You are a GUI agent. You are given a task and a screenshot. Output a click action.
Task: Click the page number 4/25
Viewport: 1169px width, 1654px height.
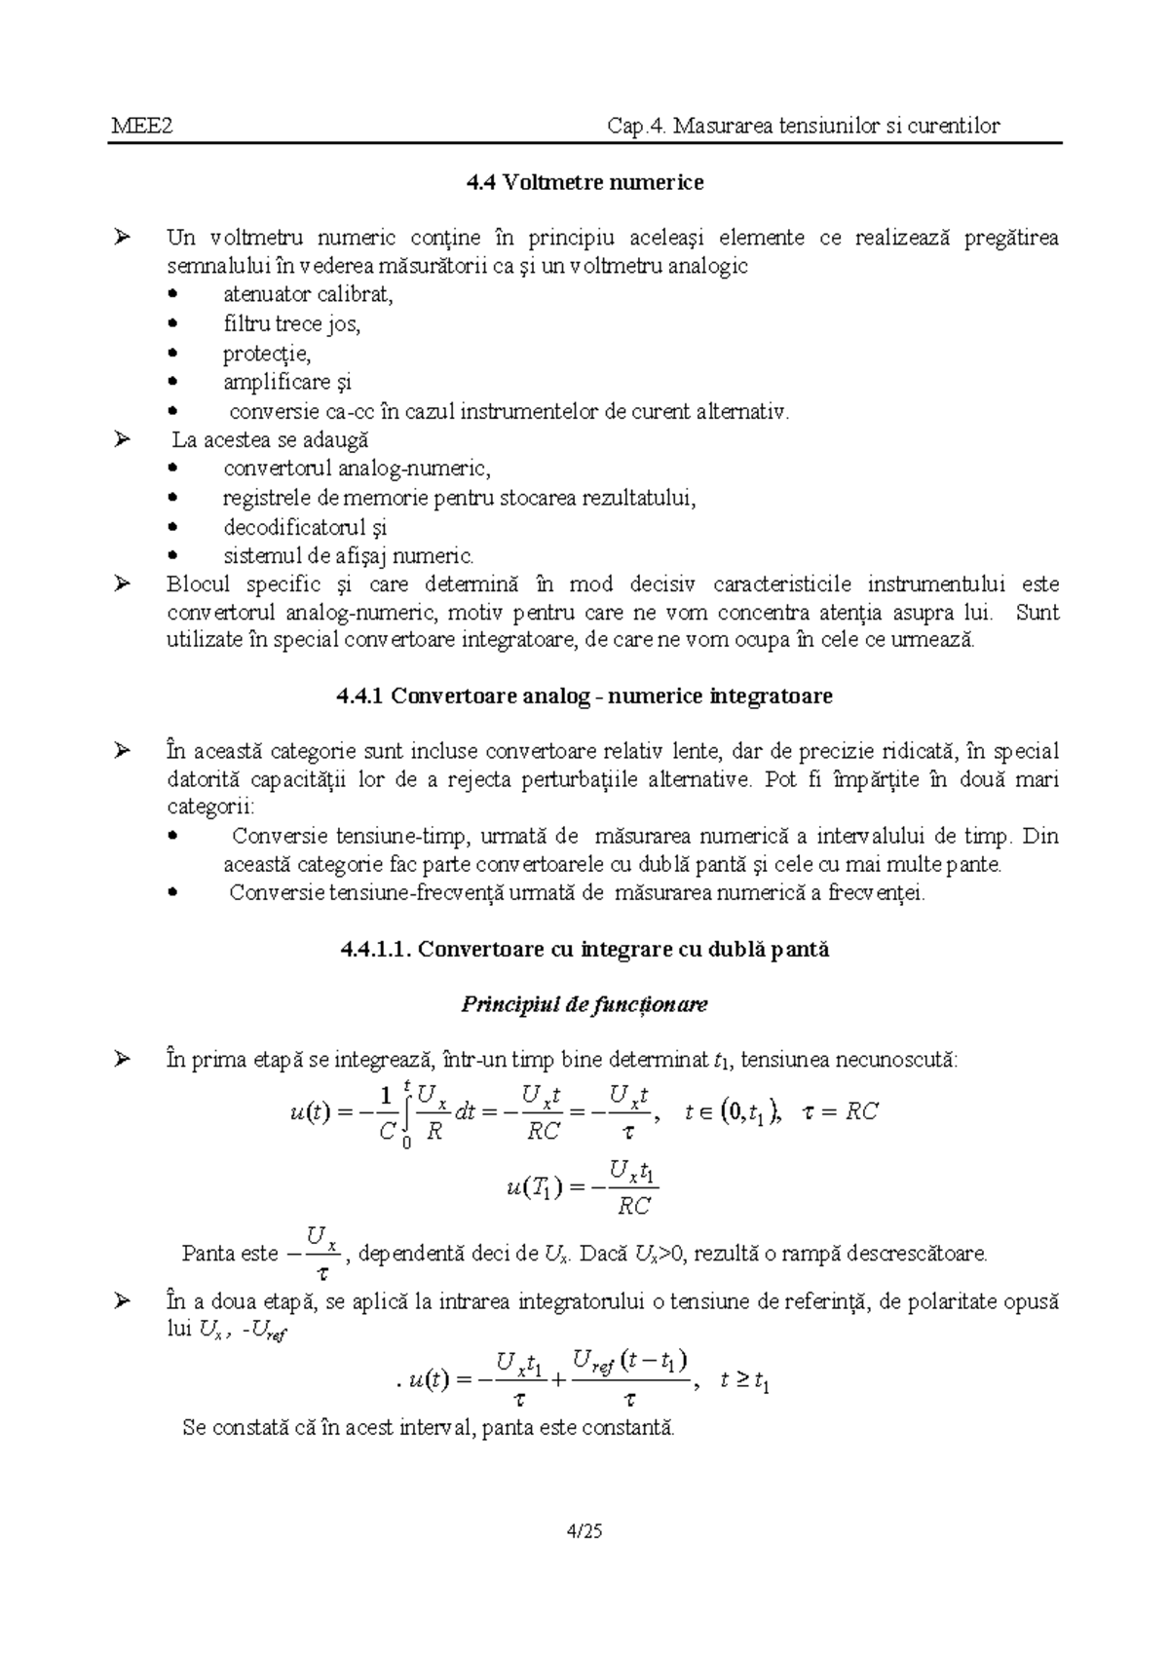[x=584, y=1532]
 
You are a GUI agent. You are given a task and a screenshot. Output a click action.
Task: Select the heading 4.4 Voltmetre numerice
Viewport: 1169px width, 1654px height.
[x=584, y=182]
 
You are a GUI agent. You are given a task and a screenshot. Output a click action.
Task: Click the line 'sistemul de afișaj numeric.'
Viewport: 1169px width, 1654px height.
[x=349, y=557]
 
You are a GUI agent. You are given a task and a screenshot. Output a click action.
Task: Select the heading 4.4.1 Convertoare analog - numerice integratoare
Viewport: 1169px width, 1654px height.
[x=584, y=696]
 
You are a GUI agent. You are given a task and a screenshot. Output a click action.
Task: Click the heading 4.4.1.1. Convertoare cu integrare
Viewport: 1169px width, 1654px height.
[x=584, y=950]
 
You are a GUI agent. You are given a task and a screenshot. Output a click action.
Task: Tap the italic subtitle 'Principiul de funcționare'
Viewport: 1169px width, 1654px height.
[x=584, y=1004]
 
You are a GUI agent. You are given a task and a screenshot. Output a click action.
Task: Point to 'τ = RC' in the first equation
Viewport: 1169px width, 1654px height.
[x=840, y=1112]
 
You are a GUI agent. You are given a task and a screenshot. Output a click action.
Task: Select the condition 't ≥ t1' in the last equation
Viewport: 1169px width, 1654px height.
[x=745, y=1380]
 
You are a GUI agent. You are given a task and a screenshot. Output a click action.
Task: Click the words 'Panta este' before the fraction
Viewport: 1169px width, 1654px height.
[x=230, y=1254]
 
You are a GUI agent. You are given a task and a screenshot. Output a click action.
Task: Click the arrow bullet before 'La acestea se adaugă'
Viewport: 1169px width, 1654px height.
[x=122, y=440]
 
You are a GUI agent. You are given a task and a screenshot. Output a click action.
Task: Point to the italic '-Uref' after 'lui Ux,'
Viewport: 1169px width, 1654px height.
[x=264, y=1332]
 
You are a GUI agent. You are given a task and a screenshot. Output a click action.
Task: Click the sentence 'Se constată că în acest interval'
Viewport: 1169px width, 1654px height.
[x=429, y=1428]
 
